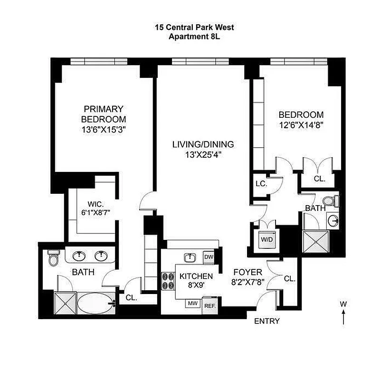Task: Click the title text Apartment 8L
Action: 194,36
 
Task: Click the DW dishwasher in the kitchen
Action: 209,257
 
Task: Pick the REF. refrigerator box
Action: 209,305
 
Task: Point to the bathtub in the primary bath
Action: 95,303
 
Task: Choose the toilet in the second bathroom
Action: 335,201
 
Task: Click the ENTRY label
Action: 267,321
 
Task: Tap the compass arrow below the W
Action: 343,317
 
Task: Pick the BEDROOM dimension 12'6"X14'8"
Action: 301,126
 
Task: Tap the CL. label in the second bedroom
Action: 319,179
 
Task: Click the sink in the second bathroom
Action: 333,220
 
